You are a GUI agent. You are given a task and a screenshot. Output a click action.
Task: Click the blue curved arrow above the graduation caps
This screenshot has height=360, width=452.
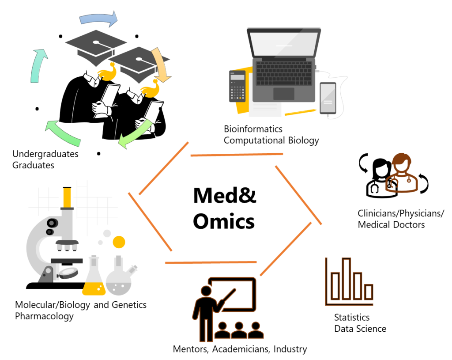pos(98,19)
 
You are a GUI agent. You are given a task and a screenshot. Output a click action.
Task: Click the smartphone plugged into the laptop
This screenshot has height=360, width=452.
pos(328,98)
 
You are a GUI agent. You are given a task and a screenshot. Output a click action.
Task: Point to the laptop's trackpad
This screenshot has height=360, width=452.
pos(283,94)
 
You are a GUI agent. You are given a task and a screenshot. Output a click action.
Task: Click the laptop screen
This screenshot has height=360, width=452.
pos(284,44)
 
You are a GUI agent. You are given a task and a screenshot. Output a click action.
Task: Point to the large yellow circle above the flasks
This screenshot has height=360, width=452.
pos(119,242)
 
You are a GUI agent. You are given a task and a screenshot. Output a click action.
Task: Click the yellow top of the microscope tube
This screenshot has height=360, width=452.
pos(67,197)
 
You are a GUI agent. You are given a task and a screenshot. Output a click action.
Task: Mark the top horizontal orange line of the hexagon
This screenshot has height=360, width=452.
pos(237,155)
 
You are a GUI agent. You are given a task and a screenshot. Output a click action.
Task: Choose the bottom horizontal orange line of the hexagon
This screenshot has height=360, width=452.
pos(211,262)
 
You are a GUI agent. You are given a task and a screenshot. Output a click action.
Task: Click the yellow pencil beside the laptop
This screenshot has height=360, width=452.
pos(300,112)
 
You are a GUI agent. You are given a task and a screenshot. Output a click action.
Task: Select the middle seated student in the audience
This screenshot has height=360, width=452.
pos(239,330)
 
